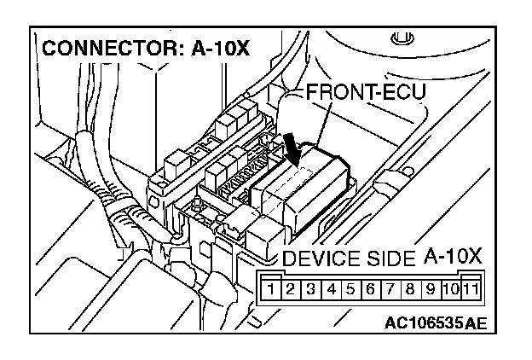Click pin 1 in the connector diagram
[271, 287]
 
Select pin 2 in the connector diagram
[290, 287]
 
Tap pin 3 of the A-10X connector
[310, 287]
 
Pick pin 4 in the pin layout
[331, 287]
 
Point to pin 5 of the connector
[350, 287]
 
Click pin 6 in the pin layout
[370, 287]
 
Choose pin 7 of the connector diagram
[390, 287]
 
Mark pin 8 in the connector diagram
[410, 287]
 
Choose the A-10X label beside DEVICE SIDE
[453, 257]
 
